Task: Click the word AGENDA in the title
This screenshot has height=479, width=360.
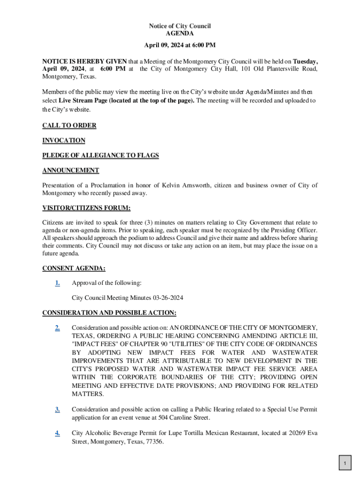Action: click(x=180, y=34)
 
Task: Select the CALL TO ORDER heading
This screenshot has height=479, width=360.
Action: click(x=69, y=125)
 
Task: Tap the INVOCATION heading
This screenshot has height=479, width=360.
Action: click(x=64, y=140)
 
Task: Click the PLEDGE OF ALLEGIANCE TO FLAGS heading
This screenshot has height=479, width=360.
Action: click(x=101, y=155)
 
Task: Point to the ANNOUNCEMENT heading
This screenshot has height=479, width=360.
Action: click(x=71, y=170)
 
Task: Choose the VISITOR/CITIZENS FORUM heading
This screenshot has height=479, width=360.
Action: click(x=86, y=208)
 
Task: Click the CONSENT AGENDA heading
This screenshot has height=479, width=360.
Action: click(x=74, y=269)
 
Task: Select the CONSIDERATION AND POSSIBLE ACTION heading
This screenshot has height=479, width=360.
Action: click(x=109, y=312)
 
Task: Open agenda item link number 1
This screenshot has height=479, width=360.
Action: click(x=57, y=283)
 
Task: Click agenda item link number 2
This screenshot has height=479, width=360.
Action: click(x=57, y=327)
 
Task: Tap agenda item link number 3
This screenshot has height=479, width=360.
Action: click(x=57, y=410)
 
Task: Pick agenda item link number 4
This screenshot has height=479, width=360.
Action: click(x=57, y=433)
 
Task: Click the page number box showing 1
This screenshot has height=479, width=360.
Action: click(x=345, y=464)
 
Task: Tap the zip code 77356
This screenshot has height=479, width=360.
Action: click(x=155, y=441)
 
